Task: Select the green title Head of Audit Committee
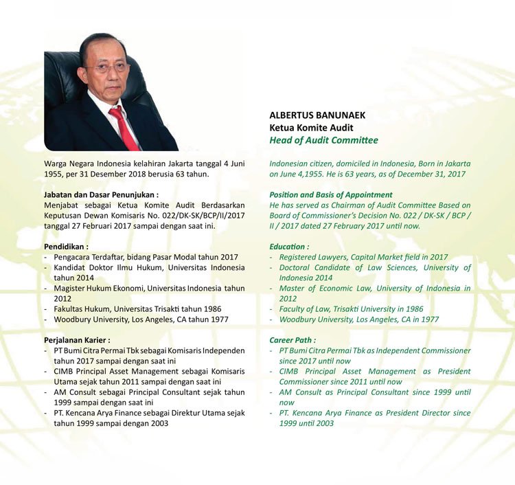[x=323, y=140]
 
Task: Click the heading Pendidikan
[x=66, y=246]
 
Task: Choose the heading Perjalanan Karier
[x=76, y=339]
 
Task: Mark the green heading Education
[x=289, y=246]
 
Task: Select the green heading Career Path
[x=293, y=339]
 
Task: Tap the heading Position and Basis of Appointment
[x=331, y=194]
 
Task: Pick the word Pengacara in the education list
[x=75, y=257]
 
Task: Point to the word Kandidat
[x=71, y=267]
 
